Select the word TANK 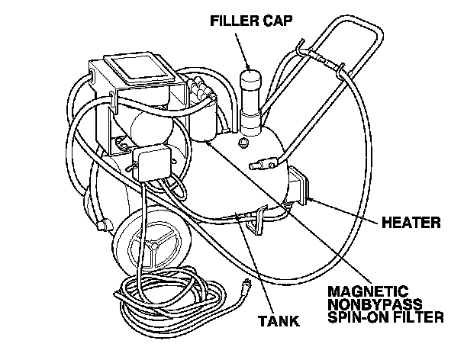(279, 322)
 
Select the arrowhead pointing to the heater (310, 199)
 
